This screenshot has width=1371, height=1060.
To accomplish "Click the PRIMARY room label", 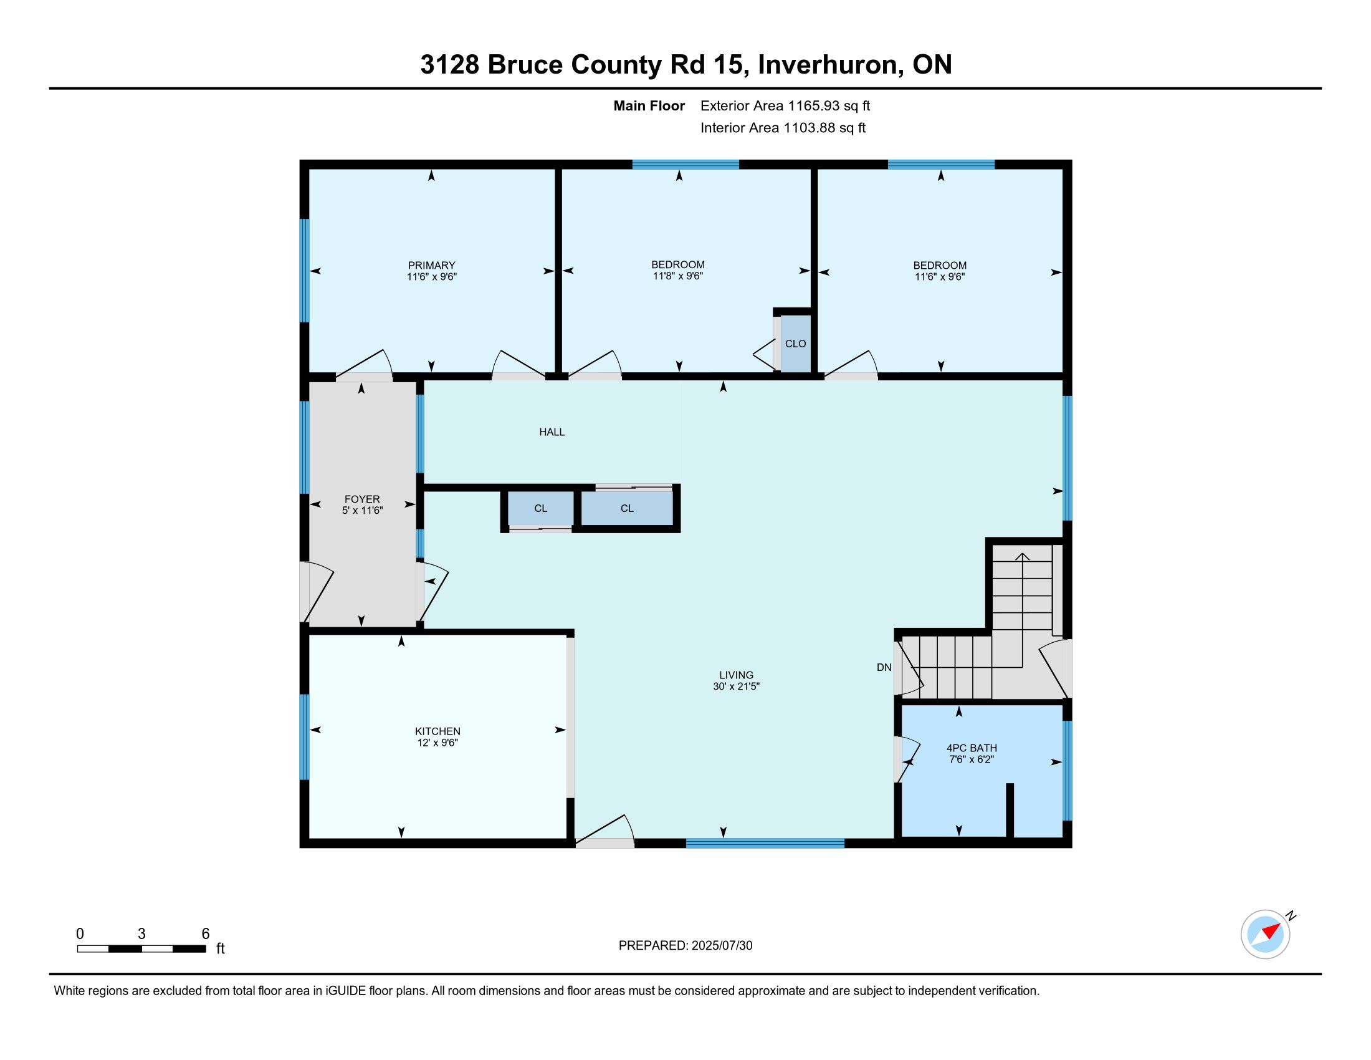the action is click(x=431, y=265).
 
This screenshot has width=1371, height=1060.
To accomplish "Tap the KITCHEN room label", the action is click(x=437, y=731).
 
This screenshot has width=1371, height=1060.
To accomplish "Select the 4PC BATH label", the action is click(x=971, y=748).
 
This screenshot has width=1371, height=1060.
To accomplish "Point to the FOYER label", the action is click(x=362, y=499).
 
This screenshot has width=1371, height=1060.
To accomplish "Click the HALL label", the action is click(x=552, y=432).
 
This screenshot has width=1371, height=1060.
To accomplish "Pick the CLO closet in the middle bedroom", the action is click(x=795, y=344).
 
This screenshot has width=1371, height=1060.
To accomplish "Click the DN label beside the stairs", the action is click(x=884, y=668).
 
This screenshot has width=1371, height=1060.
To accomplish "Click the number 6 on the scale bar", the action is click(x=205, y=934).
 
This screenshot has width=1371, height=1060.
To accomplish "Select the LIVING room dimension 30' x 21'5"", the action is click(x=737, y=687).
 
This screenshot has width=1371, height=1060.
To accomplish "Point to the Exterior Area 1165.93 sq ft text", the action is click(x=785, y=105).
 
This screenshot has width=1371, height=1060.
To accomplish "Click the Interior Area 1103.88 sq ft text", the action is click(x=783, y=127).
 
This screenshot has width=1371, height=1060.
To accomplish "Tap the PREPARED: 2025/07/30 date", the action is click(x=685, y=946).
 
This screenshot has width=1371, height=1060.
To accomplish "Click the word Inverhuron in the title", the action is click(x=828, y=65).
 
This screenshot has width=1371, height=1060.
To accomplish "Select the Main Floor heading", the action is click(x=649, y=105).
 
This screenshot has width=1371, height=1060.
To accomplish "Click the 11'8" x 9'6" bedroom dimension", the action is click(x=677, y=276).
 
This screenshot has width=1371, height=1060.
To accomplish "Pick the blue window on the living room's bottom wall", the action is click(x=765, y=843).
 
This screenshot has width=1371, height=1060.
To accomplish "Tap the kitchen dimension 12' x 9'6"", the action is click(x=437, y=742).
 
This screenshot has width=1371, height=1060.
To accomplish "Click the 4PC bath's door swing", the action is click(x=907, y=759).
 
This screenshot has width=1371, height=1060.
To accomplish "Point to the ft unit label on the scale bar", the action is click(x=221, y=948).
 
